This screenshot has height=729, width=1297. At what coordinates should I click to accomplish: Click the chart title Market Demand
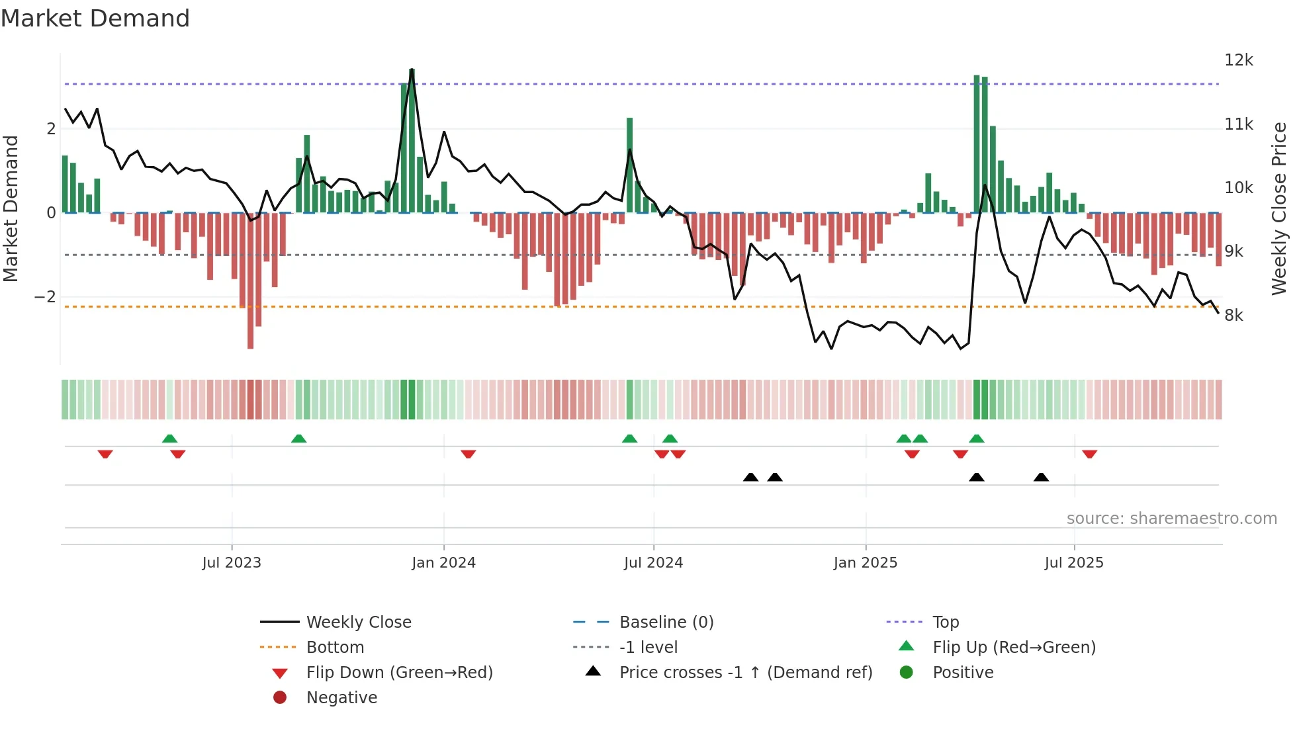pos(95,19)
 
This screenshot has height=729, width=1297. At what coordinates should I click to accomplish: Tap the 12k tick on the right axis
pos(1238,60)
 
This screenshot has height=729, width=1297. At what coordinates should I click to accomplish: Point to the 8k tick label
pos(1233,316)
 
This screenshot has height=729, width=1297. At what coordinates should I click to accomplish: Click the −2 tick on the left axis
pos(46,297)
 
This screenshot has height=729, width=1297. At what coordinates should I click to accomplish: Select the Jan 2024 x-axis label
pos(443,563)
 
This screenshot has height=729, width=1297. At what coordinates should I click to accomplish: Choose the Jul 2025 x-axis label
pos(1073,563)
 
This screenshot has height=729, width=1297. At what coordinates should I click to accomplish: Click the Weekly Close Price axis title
pos(1279,208)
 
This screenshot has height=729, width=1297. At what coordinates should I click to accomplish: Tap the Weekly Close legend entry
pos(358,622)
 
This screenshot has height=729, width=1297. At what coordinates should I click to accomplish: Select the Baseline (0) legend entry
pos(666,622)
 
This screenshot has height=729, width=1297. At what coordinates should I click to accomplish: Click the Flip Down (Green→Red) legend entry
pos(399,673)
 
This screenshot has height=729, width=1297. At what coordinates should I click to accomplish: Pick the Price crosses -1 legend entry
pos(745,673)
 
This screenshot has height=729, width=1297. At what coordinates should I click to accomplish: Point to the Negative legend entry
pos(341,698)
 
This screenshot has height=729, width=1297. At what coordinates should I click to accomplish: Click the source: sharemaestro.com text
pos(1171,519)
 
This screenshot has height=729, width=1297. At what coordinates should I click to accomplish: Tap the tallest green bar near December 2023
pos(412,139)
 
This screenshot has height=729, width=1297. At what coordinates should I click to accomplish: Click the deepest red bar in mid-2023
pos(250,281)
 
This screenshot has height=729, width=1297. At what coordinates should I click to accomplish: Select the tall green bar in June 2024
pos(629,165)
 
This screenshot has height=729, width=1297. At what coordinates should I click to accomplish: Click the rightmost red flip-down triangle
pos(1089,454)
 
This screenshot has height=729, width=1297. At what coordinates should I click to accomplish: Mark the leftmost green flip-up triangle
pos(169,439)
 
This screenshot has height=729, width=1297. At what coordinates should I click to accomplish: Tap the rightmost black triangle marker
pos(1041,477)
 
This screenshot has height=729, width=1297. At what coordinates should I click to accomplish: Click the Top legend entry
pos(945,622)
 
